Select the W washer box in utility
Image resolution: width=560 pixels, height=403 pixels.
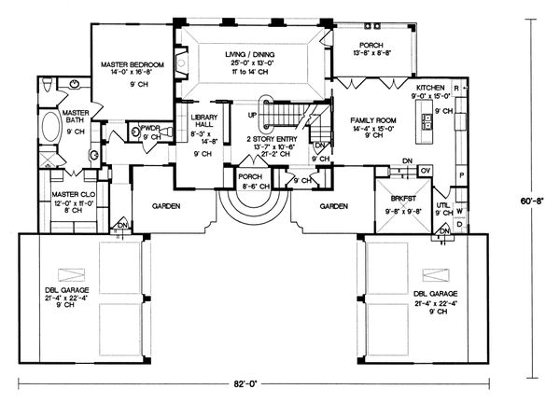pos(459,211)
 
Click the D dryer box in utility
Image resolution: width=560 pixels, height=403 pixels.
pos(459,225)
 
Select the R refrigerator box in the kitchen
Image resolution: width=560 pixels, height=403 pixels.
pos(455,87)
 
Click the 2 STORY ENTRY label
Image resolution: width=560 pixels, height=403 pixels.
pos(270,138)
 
